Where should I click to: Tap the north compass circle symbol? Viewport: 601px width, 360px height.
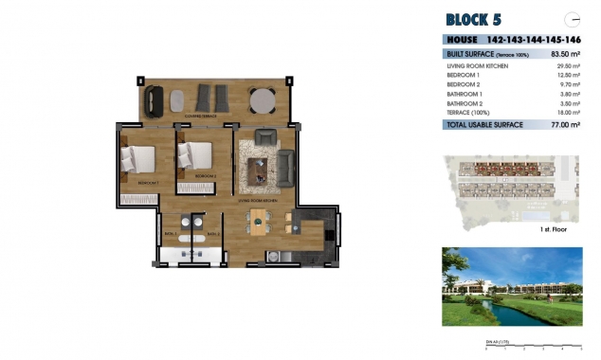(x=572, y=18)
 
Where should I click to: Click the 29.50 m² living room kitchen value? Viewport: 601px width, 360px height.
(x=567, y=65)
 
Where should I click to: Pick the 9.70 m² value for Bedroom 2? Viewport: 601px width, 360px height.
(x=569, y=84)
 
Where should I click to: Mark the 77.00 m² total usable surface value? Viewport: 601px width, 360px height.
(x=565, y=124)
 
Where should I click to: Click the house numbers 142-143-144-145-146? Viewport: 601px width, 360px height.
(x=533, y=40)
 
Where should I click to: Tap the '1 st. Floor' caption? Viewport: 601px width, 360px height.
(x=554, y=230)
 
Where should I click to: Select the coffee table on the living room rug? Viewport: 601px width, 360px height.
(x=257, y=169)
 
